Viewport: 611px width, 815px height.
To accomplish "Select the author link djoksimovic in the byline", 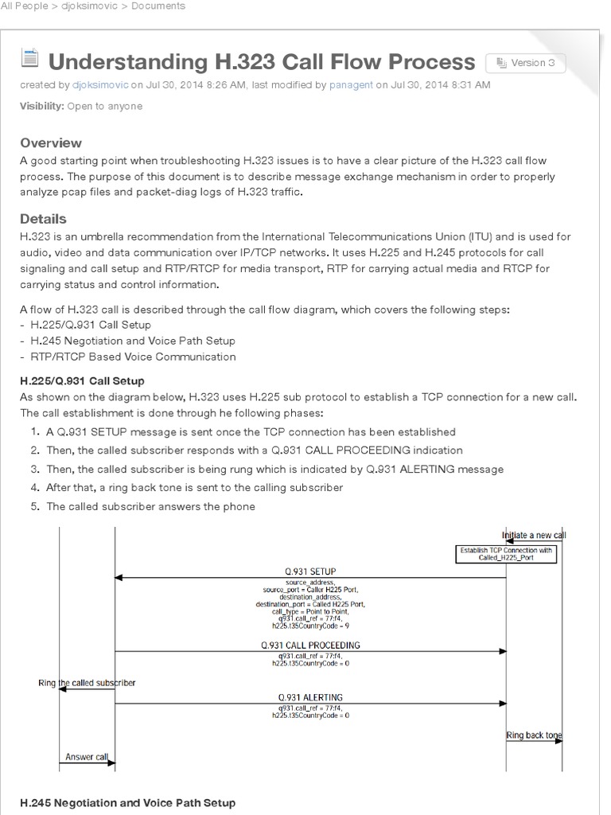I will tap(99, 84).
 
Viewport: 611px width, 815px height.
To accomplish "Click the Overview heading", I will tap(51, 143).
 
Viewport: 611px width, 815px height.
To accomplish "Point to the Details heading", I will tap(43, 219).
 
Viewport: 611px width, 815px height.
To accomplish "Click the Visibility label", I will tap(41, 107).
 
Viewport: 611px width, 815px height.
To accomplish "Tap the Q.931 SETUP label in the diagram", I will tap(310, 571).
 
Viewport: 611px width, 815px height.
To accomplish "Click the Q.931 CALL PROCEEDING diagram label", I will tap(310, 645).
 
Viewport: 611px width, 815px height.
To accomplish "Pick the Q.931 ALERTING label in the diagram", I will tap(310, 697).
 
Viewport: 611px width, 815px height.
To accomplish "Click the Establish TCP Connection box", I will tap(505, 554).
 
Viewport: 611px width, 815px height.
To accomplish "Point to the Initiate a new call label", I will tap(534, 535).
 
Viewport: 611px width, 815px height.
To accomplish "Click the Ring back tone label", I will tap(534, 735).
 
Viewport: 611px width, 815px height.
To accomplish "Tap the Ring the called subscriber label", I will tap(87, 683).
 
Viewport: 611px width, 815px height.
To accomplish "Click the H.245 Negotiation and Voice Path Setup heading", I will tap(127, 803).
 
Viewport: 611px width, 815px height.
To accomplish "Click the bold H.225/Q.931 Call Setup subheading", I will tap(82, 381).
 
